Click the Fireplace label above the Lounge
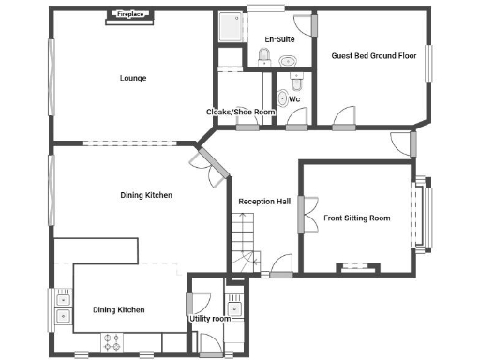(x=129, y=14)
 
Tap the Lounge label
(x=133, y=78)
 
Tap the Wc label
(x=294, y=97)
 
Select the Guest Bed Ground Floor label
(x=373, y=56)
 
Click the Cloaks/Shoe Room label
(x=240, y=112)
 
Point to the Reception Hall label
(x=264, y=201)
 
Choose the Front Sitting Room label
(x=356, y=218)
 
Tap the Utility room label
(x=209, y=319)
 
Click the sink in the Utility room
(x=234, y=308)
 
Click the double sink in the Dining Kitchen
(x=63, y=308)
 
